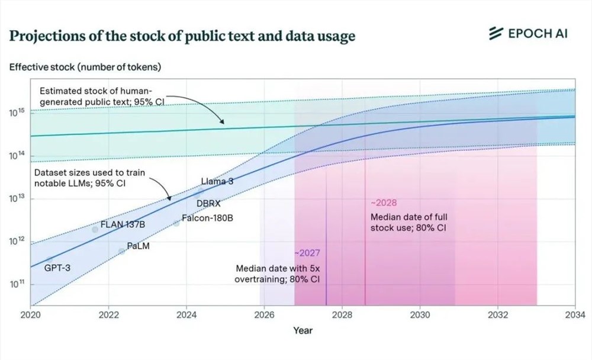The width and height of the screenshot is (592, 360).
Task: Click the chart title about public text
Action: (x=182, y=36)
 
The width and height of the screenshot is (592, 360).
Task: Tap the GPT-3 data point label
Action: (x=57, y=268)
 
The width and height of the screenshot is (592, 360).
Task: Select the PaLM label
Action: (x=138, y=246)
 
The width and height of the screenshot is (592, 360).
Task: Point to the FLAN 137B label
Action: (x=123, y=224)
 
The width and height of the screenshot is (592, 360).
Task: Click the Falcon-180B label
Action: (x=207, y=218)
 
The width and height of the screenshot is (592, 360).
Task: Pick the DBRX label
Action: (x=208, y=203)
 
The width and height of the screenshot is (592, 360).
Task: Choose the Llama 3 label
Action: (x=217, y=182)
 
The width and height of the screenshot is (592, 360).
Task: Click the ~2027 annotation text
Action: (x=307, y=253)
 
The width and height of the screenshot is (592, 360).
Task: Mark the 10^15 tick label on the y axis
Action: (x=16, y=112)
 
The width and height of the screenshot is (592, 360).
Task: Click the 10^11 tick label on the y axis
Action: (x=16, y=284)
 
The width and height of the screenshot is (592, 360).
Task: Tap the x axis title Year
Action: (x=303, y=330)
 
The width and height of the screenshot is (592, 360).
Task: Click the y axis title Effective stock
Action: (x=85, y=67)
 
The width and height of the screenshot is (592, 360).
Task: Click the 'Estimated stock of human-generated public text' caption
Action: (x=101, y=96)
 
